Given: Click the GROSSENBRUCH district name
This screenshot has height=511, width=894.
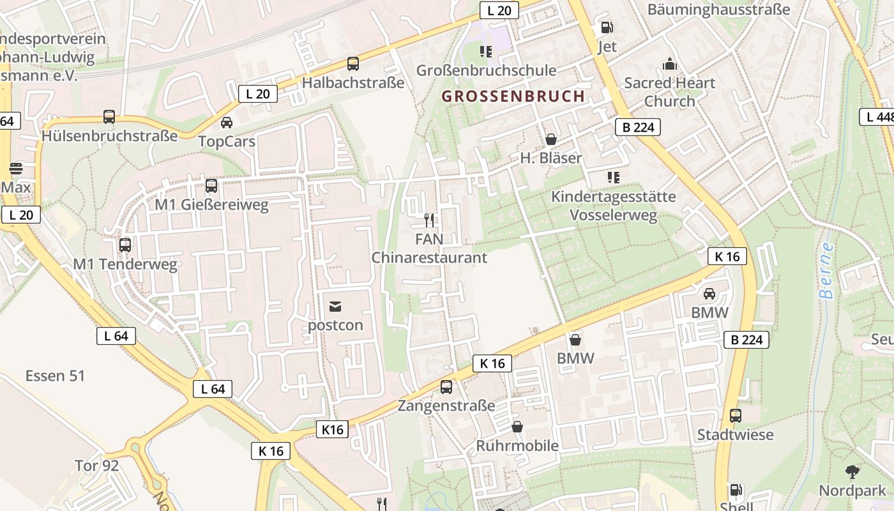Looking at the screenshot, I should point(513,96).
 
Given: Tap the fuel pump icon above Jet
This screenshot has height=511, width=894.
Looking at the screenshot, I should point(607,27).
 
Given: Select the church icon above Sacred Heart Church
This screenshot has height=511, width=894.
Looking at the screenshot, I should point(669,63).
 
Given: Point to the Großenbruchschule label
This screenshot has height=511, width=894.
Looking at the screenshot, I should point(486,70).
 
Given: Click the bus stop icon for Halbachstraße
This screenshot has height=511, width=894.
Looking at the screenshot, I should point(353,64).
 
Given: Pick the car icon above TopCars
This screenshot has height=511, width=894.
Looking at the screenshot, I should point(227,122).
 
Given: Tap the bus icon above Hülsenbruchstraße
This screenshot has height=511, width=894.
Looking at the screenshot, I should point(109,117).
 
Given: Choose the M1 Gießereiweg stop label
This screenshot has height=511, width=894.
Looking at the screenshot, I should point(212,206).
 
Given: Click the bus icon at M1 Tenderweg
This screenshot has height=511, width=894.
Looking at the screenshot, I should point(125,245).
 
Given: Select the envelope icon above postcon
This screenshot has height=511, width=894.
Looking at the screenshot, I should point(335,306).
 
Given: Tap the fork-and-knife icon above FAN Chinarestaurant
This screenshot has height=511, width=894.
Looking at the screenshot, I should point(429,220).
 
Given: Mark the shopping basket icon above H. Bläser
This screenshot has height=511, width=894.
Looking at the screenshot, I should point(550,139).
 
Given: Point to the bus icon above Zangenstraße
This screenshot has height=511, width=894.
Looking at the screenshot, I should point(446,386).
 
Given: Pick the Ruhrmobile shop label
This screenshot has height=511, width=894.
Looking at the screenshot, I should point(517,446).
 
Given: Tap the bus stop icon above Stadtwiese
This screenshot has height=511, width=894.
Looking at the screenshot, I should point(736,416).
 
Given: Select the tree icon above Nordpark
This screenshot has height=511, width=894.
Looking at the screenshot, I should point(852,472).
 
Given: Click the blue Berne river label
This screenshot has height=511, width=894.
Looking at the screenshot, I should point(827,271).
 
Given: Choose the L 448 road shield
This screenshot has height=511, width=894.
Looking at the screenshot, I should point(877,117).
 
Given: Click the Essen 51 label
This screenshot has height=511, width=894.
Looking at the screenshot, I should point(55,376).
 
